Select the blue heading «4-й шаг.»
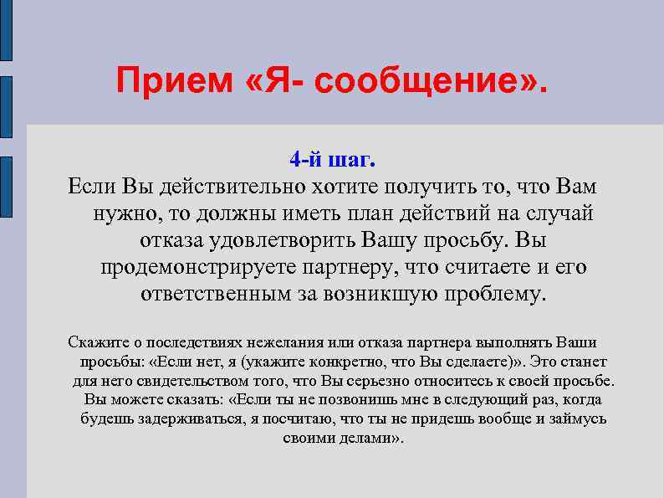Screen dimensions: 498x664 pos(332,158)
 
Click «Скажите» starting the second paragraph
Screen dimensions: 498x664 pos(95,343)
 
